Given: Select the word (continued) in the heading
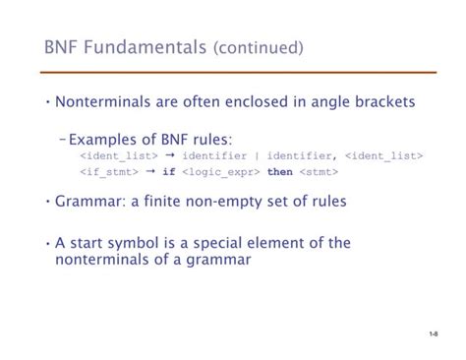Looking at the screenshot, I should click(258, 48).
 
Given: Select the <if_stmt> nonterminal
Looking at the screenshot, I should click(108, 172).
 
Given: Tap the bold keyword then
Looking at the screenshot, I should click(280, 172).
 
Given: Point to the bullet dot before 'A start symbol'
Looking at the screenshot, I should click(47, 242).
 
